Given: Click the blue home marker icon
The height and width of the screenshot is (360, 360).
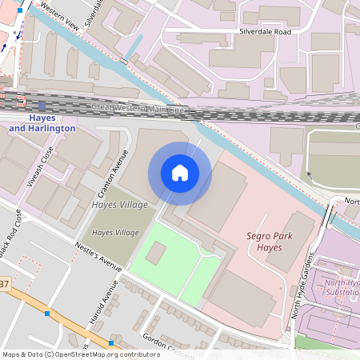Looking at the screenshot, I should [180, 173].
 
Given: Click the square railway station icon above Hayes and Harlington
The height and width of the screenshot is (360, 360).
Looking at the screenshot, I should [42, 105].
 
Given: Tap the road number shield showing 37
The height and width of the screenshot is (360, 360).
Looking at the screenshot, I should [5, 284].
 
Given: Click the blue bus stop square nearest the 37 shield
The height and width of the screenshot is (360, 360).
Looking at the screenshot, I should [47, 314].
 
